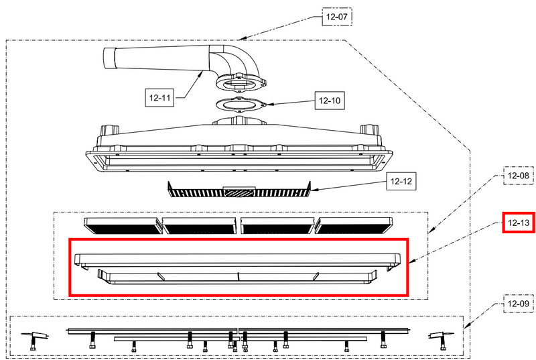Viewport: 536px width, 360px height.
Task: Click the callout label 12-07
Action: click(x=337, y=16)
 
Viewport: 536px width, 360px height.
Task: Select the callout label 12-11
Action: click(x=159, y=98)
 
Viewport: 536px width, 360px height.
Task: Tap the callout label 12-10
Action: click(x=330, y=101)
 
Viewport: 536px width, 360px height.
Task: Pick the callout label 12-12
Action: click(x=401, y=181)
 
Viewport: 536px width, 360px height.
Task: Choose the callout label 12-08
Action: click(x=518, y=176)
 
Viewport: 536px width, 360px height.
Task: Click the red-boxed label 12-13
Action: click(x=518, y=223)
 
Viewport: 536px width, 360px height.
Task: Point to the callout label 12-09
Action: click(x=518, y=304)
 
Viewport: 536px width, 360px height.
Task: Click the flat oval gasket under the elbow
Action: click(x=241, y=105)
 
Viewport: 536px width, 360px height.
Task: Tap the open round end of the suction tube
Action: click(x=109, y=58)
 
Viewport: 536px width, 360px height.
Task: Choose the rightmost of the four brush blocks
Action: click(x=354, y=226)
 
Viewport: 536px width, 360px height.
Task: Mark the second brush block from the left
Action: click(x=199, y=226)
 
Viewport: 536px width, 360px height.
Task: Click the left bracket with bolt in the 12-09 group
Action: click(x=35, y=340)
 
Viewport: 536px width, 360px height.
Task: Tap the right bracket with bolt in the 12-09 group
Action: click(x=442, y=340)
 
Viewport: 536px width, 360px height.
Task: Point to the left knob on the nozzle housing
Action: click(x=109, y=131)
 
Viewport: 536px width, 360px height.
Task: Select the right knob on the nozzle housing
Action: click(x=370, y=131)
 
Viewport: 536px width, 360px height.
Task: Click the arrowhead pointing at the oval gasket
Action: click(x=270, y=105)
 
